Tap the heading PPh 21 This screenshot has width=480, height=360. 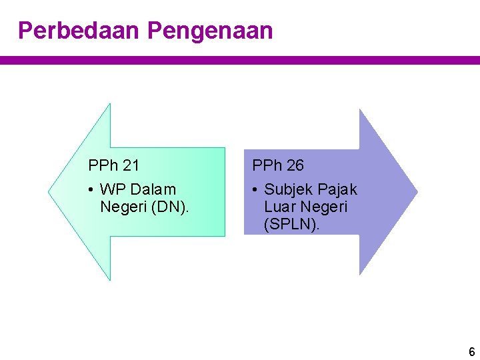[x=113, y=165]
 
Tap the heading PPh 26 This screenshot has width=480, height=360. [x=277, y=165]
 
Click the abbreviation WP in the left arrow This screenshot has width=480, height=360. [x=110, y=190]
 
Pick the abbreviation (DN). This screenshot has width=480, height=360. [x=171, y=207]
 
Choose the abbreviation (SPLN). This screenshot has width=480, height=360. [x=292, y=225]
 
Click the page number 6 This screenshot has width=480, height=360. [x=471, y=351]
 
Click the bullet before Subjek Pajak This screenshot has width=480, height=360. [x=255, y=190]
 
